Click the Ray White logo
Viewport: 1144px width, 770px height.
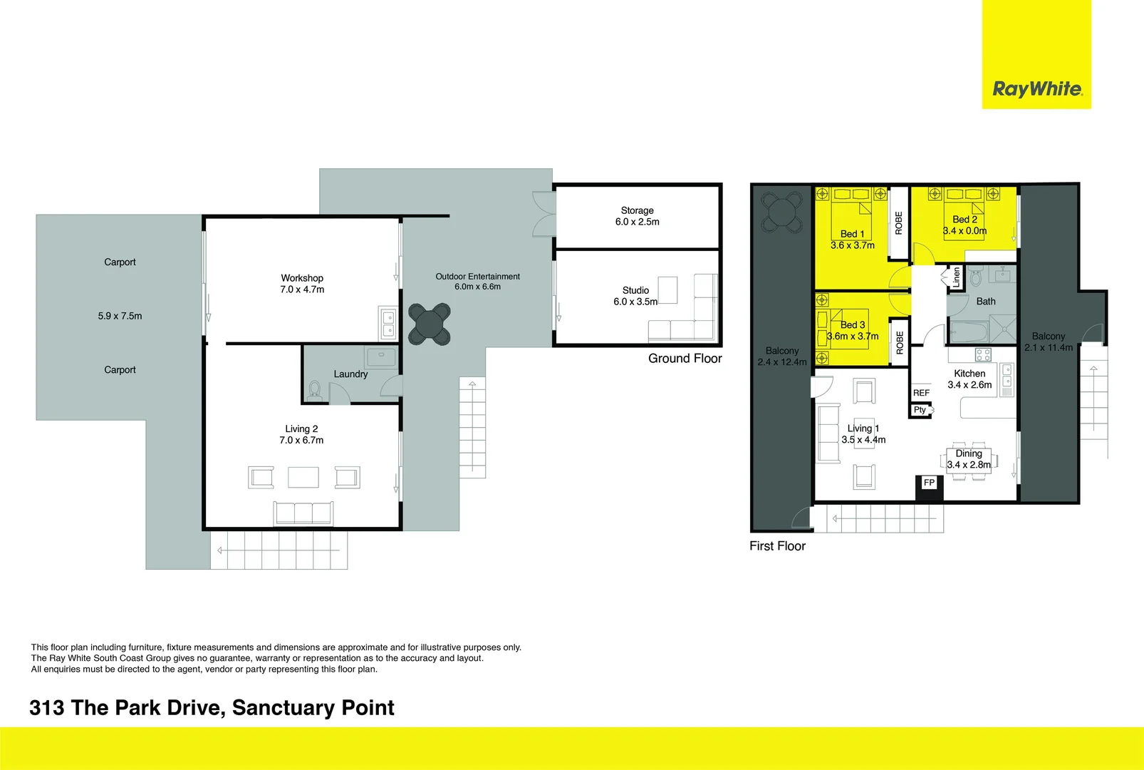click(1036, 89)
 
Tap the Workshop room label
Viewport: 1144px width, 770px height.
click(302, 278)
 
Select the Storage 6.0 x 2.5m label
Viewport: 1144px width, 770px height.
click(637, 216)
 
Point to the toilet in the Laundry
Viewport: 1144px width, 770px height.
click(315, 389)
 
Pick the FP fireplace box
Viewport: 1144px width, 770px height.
click(929, 483)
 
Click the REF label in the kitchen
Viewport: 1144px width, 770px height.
click(921, 393)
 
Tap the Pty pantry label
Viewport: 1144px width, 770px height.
click(920, 410)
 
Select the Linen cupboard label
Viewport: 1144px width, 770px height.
click(956, 277)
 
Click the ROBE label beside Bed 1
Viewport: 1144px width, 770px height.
click(899, 223)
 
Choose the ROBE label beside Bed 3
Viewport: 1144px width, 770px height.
click(899, 343)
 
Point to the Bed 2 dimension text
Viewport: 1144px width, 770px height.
click(964, 231)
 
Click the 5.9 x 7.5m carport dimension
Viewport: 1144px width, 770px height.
click(120, 316)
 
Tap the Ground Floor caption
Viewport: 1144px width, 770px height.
click(685, 359)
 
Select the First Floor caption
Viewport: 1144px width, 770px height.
click(777, 546)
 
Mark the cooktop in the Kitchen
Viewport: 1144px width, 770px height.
click(983, 354)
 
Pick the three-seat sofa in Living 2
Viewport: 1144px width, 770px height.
click(303, 513)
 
